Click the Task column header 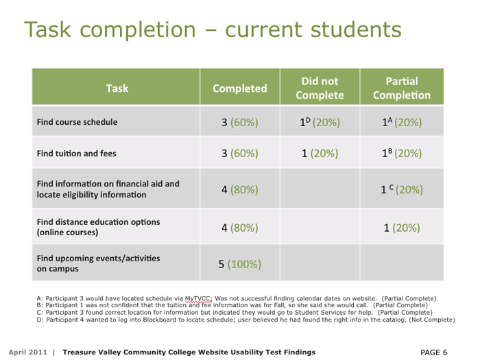(117, 88)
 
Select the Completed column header (240, 88)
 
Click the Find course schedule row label (77, 122)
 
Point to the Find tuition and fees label (76, 154)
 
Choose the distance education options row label (98, 227)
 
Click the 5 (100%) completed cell (240, 264)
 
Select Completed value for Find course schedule (240, 123)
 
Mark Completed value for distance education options (240, 227)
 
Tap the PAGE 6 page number (434, 352)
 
